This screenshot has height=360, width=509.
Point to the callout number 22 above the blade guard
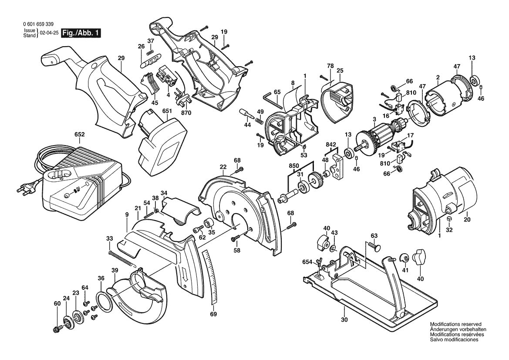(x=223, y=167)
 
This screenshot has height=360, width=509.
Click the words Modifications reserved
(x=455, y=325)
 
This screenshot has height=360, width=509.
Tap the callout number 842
(x=330, y=144)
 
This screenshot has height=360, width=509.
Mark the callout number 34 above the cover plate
(x=164, y=193)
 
